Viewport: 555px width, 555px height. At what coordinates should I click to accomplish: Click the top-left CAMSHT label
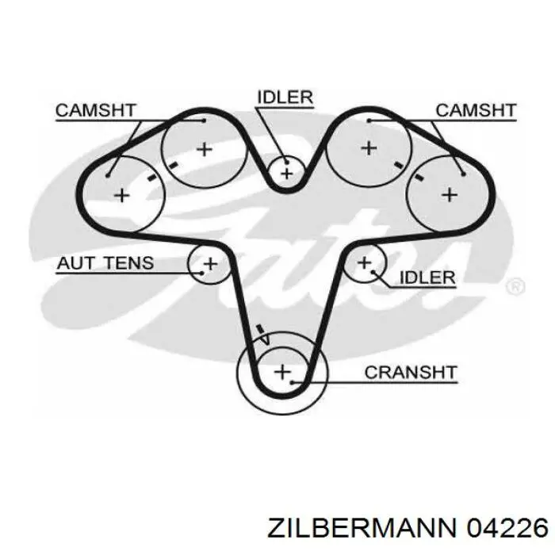click(96, 110)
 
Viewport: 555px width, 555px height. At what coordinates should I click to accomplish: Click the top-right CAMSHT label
click(476, 110)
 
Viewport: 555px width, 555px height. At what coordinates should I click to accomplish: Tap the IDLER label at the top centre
click(285, 97)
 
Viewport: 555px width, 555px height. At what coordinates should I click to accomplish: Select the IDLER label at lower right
click(427, 277)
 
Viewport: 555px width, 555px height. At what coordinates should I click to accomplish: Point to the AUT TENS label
click(105, 263)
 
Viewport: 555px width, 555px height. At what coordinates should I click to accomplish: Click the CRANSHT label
click(411, 373)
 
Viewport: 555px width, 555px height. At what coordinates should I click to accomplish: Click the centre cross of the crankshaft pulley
click(282, 372)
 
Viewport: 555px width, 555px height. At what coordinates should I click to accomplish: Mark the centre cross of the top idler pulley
click(287, 174)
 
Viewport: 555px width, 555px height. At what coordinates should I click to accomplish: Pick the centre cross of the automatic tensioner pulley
click(211, 264)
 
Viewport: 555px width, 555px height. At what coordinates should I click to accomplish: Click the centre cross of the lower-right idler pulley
click(365, 263)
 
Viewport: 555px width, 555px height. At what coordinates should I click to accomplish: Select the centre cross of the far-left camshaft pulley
click(122, 195)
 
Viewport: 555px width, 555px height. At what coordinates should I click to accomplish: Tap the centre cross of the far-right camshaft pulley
click(450, 195)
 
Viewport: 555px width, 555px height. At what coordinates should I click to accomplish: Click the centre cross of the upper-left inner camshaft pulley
click(205, 149)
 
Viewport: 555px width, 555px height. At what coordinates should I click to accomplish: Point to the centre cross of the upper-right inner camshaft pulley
click(369, 148)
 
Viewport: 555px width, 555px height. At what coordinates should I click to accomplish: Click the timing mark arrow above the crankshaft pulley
click(262, 335)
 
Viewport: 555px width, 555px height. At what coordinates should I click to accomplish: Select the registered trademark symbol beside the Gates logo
click(515, 286)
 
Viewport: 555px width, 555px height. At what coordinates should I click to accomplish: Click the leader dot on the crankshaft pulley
click(293, 383)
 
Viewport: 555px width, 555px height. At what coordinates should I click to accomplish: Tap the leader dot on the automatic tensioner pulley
click(202, 273)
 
